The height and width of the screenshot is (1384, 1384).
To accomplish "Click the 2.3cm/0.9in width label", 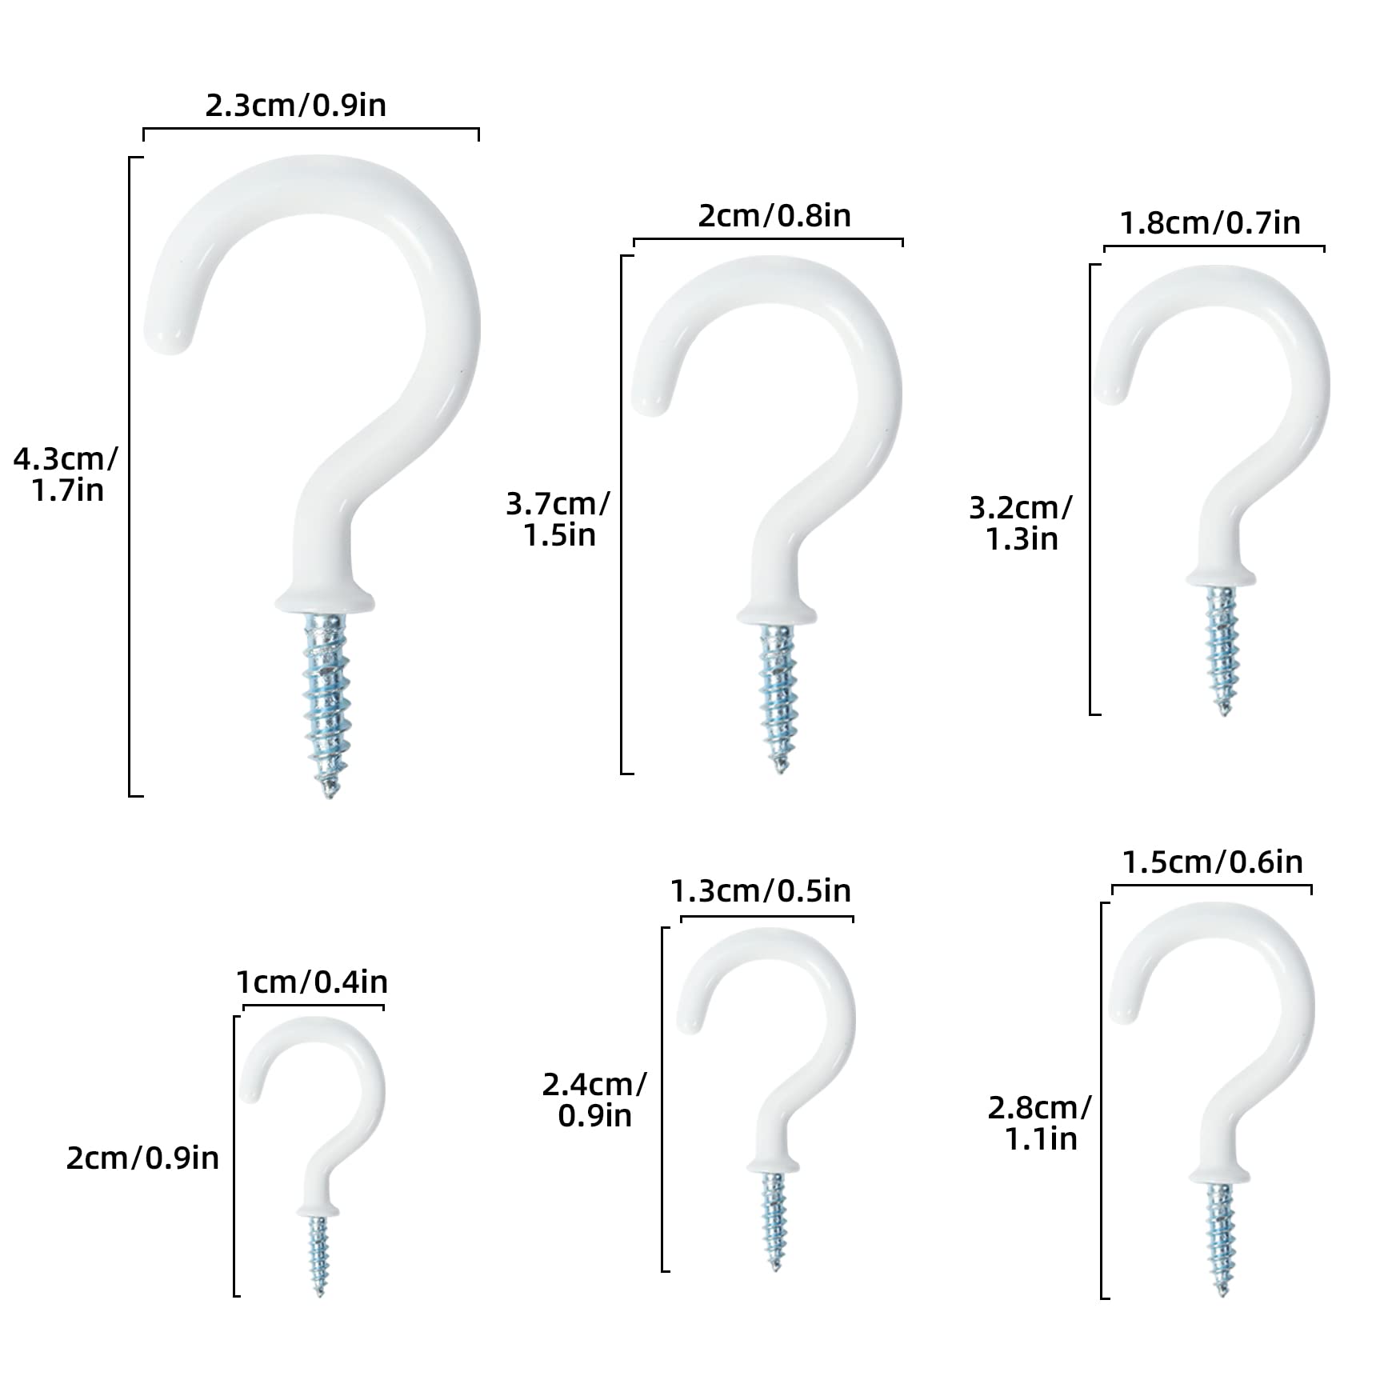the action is [296, 106].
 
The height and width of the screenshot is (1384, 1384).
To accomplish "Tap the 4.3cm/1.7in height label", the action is [66, 474].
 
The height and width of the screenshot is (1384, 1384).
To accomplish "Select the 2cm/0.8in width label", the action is [774, 216].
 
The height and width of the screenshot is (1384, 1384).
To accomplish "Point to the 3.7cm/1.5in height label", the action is [558, 519].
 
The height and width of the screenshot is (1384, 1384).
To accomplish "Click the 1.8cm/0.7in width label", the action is [1210, 223].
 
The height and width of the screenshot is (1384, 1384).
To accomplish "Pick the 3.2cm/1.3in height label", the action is [1021, 523].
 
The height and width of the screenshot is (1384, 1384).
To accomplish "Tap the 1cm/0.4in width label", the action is [312, 982].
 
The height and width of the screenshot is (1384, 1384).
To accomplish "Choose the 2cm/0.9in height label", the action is [142, 1158].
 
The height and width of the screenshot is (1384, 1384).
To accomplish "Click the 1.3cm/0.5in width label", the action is [761, 890].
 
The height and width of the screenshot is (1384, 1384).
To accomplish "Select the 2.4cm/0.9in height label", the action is [594, 1100].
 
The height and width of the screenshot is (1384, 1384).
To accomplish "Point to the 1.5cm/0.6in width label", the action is [1213, 862].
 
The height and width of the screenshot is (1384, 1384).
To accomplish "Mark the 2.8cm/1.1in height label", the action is [1040, 1123].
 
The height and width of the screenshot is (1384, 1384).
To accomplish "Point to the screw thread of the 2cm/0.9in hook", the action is [319, 1256].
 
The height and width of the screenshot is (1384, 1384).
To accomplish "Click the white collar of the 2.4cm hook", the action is [774, 1167].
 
